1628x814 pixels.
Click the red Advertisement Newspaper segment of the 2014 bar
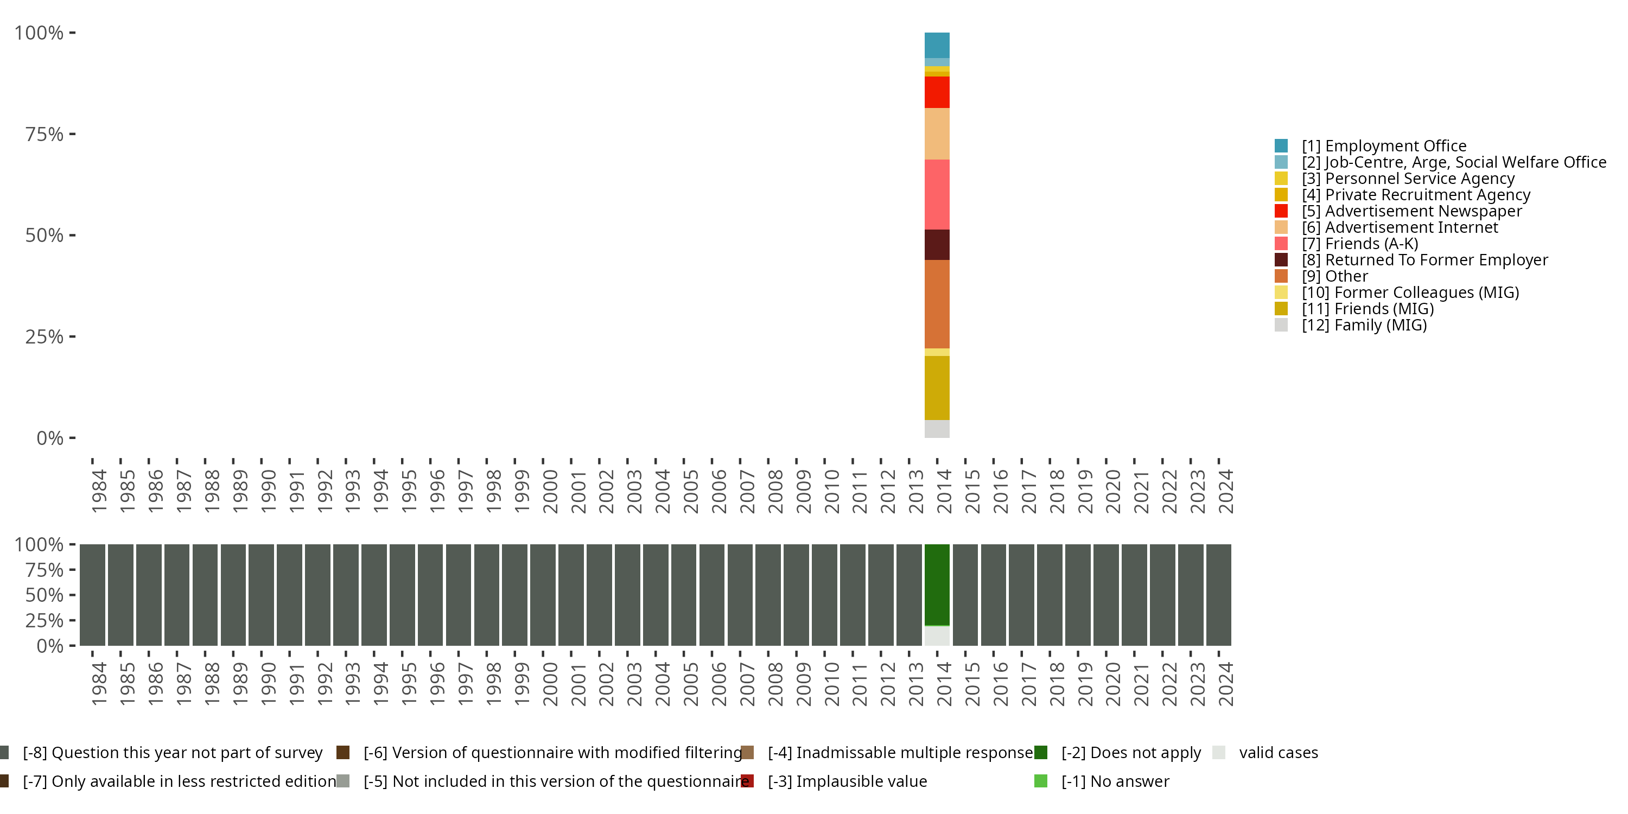point(937,92)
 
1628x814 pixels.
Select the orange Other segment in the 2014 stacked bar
point(937,304)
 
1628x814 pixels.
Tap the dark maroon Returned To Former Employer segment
point(937,245)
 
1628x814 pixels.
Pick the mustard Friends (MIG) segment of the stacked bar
point(937,387)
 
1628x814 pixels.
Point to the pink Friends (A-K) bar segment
point(937,194)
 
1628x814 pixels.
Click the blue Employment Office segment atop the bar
point(937,45)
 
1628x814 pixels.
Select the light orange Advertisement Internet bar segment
point(937,133)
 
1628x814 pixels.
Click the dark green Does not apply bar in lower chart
point(937,584)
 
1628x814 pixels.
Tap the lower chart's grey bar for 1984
point(92,595)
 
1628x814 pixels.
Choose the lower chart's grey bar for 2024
point(1218,595)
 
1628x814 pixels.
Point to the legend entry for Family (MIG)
point(1364,325)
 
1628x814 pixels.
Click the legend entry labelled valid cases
point(1278,753)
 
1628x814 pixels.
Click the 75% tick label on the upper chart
point(44,134)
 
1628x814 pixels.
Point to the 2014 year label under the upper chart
point(944,491)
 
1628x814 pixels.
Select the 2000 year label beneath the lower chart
point(550,684)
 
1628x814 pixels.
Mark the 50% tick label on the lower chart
point(44,595)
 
